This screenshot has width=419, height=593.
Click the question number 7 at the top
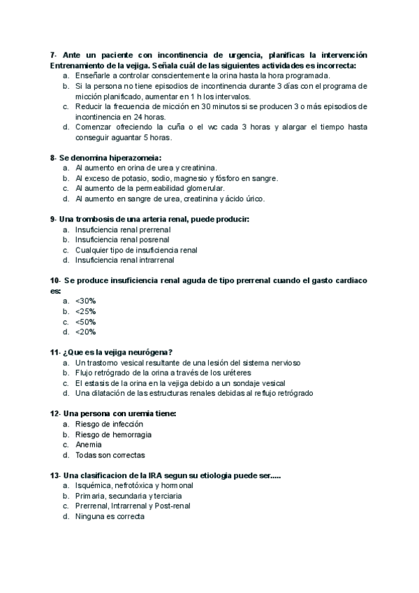pos(54,55)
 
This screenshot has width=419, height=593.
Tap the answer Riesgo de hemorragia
pos(113,434)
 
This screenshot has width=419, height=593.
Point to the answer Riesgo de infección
pos(109,424)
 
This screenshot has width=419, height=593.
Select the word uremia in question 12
pos(137,413)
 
